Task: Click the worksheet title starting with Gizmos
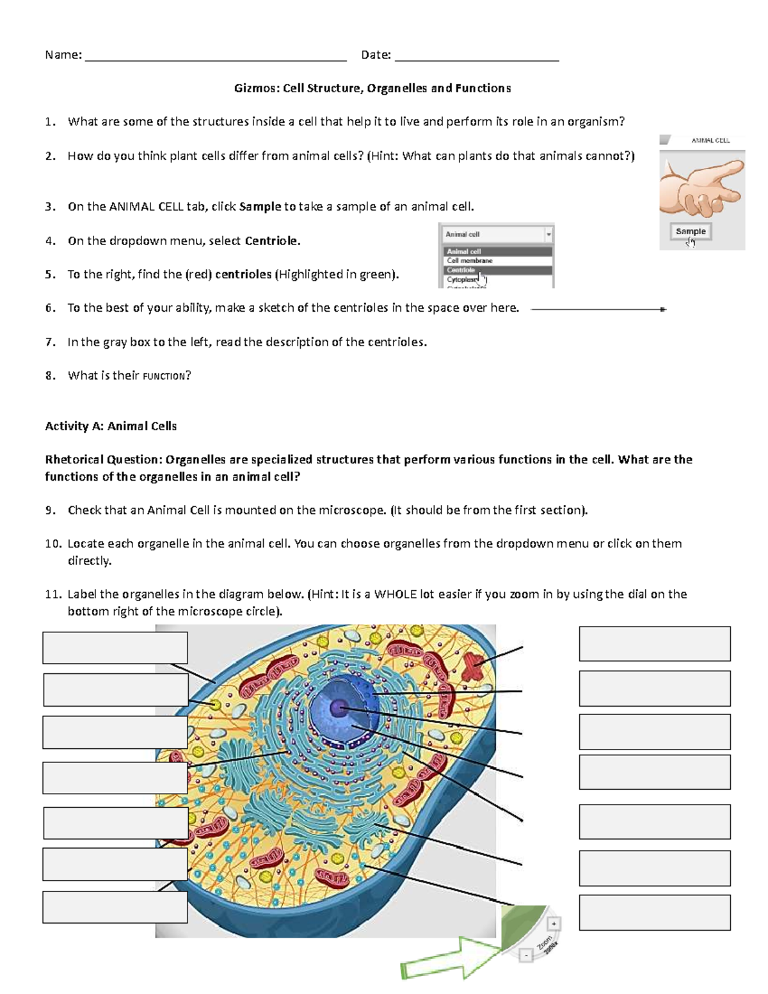point(372,88)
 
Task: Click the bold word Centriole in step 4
point(272,241)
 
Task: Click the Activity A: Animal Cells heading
point(111,426)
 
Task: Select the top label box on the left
point(115,648)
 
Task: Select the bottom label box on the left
point(115,907)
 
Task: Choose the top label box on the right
point(655,644)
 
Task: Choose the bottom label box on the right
point(655,912)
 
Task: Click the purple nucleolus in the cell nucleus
point(338,708)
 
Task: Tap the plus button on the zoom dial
point(554,924)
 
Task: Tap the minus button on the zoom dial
point(525,956)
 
